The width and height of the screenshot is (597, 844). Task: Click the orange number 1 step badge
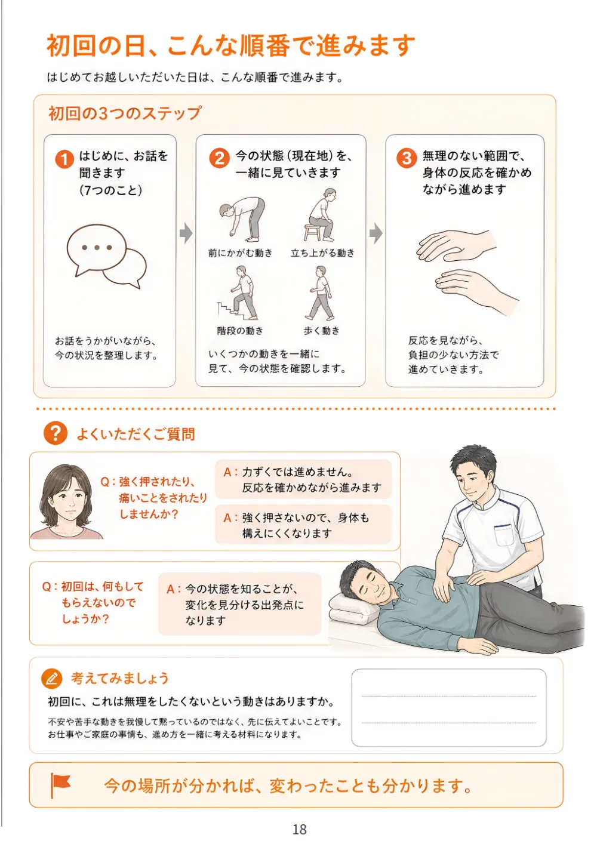pos(64,159)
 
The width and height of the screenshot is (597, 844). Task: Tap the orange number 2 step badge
pos(219,158)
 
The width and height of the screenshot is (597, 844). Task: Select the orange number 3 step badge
pos(407,158)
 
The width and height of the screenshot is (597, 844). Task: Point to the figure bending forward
pos(242,218)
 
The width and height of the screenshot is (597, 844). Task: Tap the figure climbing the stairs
pos(238,292)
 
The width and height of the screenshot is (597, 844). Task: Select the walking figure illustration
pos(320,292)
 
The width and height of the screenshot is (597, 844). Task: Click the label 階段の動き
pos(240,331)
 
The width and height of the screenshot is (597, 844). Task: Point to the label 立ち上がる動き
pos(322,253)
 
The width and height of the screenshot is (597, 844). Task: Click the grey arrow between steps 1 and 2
pos(186,233)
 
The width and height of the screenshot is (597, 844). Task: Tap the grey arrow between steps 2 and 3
pos(376,233)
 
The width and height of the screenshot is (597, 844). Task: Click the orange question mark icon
pos(56,433)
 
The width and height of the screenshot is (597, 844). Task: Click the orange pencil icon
pos(51,678)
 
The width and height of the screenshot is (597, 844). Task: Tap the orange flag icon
pos(60,785)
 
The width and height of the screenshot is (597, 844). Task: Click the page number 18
pos(300,829)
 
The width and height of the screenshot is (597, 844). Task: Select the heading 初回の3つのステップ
pos(125,113)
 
